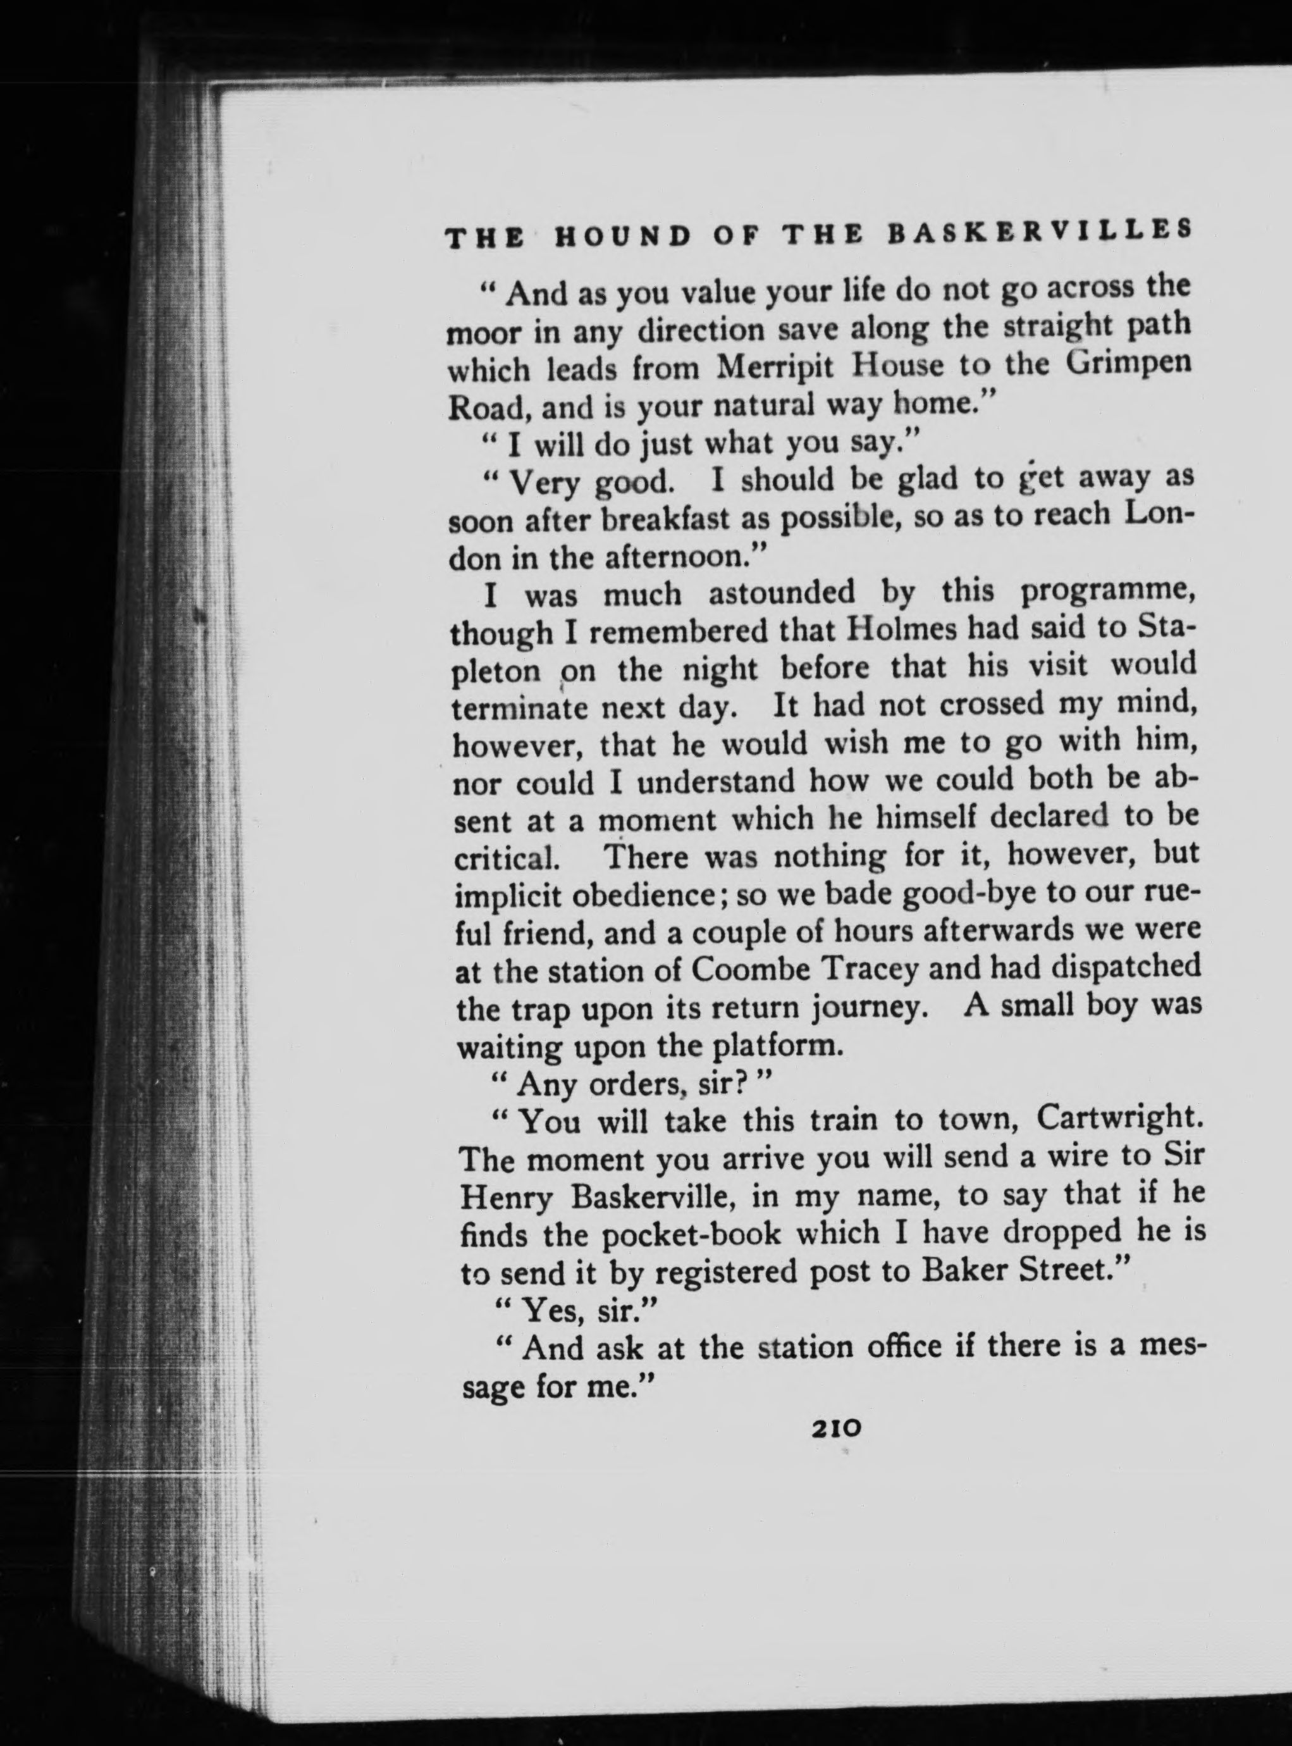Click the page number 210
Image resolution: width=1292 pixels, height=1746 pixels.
click(x=836, y=1426)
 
